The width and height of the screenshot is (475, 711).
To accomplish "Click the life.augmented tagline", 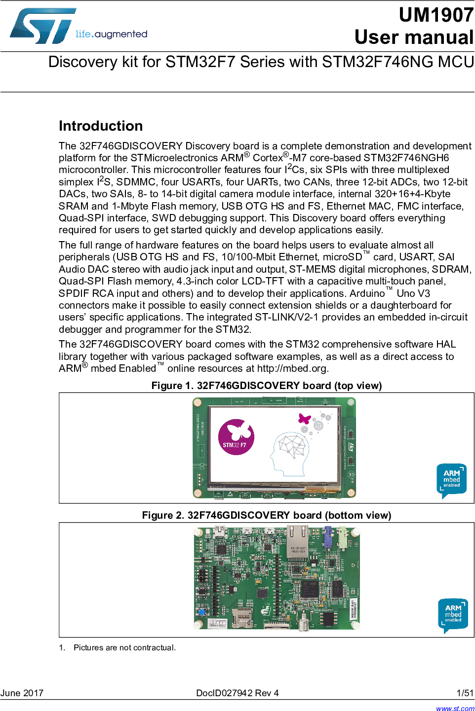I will [111, 34].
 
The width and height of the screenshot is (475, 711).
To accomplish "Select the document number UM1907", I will [436, 15].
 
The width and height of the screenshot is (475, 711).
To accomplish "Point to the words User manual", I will [414, 37].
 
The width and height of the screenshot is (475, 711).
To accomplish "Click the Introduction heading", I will [101, 126].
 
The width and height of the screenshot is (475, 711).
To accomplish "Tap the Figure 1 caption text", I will [267, 386].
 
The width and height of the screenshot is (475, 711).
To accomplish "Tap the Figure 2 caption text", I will [267, 515].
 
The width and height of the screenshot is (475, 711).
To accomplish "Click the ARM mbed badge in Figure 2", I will [453, 615].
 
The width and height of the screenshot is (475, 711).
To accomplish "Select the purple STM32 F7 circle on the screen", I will [236, 437].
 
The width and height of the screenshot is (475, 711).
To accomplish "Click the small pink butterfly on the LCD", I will [304, 419].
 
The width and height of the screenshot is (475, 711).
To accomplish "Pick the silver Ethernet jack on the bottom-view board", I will [298, 541].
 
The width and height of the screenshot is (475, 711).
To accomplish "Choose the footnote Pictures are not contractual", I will [124, 647].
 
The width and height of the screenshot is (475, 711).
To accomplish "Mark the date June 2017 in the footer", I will [22, 693].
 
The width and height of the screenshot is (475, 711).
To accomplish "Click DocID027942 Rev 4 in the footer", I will [237, 693].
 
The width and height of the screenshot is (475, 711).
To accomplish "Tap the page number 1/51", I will [465, 693].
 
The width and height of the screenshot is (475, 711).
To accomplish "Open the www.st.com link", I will [455, 708].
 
